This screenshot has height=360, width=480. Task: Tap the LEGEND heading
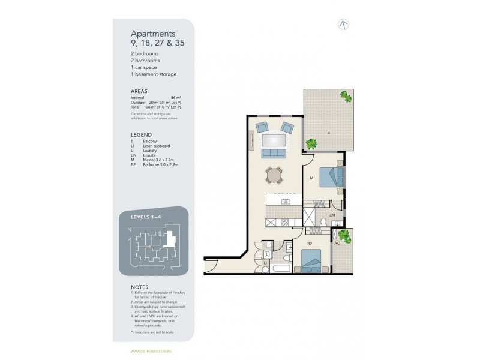(141, 135)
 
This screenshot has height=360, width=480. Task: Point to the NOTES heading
(139, 287)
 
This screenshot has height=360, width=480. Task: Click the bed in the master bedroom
(328, 177)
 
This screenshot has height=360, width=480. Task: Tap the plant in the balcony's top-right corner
(345, 95)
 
